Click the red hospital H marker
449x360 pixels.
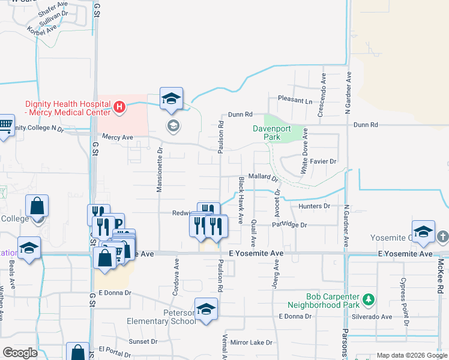pos(119,107)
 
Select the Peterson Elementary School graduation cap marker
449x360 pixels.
pos(206,309)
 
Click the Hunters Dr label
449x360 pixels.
pos(315,206)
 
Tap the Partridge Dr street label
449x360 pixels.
pos(289,225)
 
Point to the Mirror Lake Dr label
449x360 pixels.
pos(251,343)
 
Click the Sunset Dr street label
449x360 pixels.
pos(143,341)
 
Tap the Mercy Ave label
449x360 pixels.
pos(116,137)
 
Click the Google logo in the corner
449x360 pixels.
pos(20,352)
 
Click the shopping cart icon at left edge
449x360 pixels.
pos(5,125)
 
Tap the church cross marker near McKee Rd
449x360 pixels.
pos(442,236)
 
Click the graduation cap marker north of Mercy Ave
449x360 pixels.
pos(171,99)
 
